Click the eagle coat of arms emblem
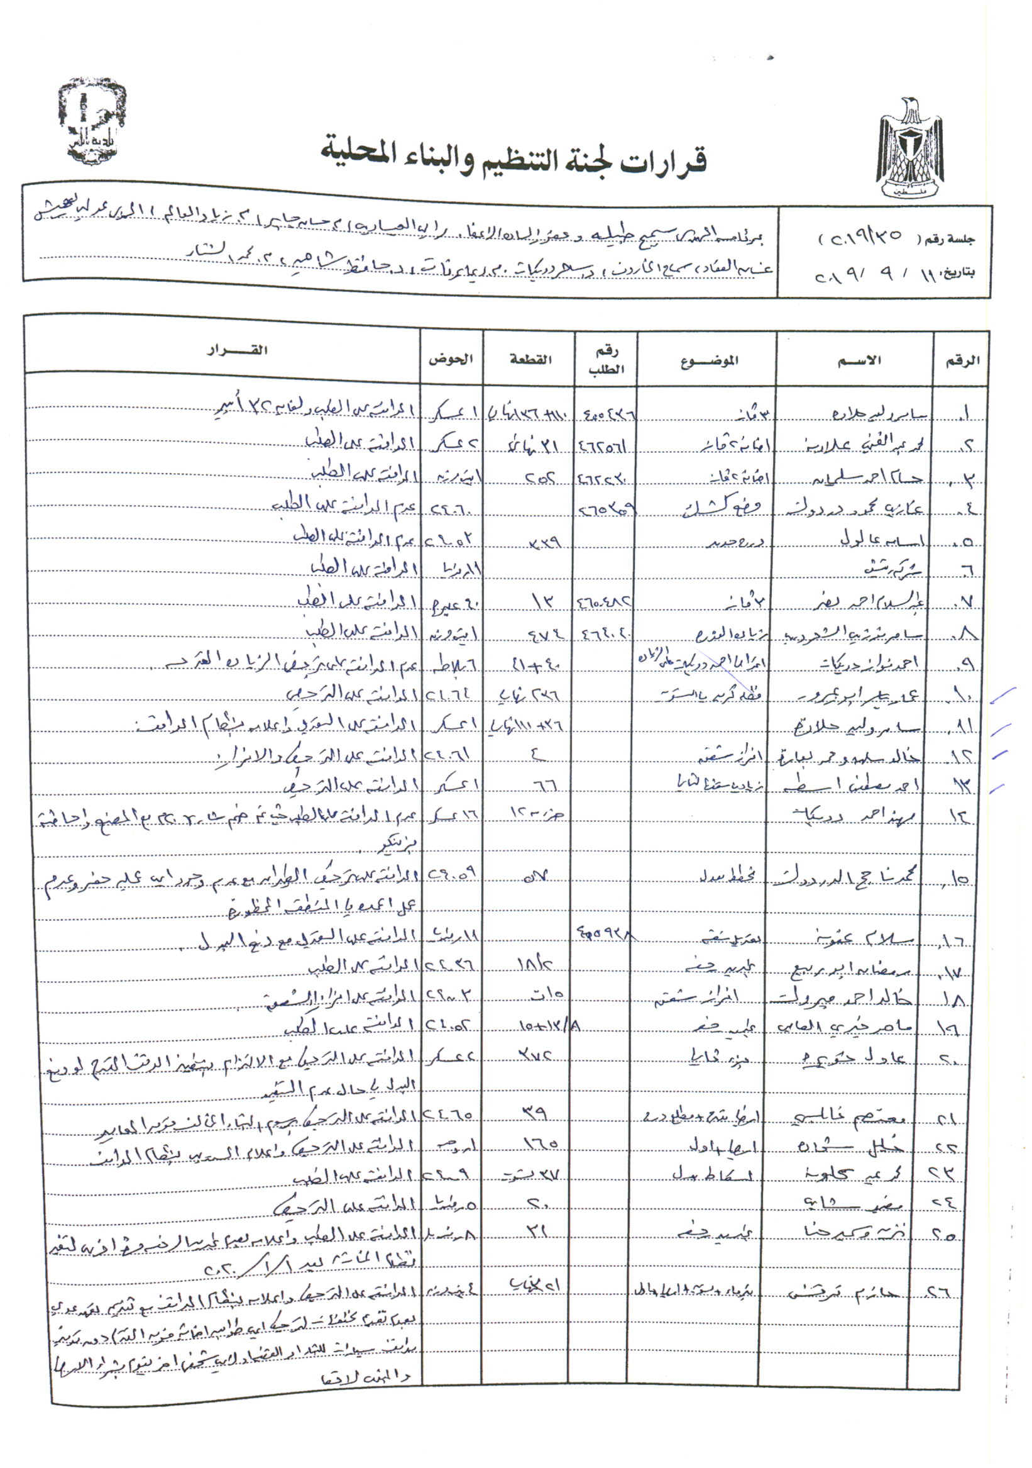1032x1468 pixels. coord(909,148)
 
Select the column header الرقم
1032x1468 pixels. coord(962,360)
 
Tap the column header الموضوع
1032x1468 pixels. coord(710,360)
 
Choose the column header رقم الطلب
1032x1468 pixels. coord(606,360)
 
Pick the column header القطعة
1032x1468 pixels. coord(530,359)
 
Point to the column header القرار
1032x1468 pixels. coord(237,350)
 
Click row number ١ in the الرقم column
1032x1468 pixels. coord(963,415)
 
